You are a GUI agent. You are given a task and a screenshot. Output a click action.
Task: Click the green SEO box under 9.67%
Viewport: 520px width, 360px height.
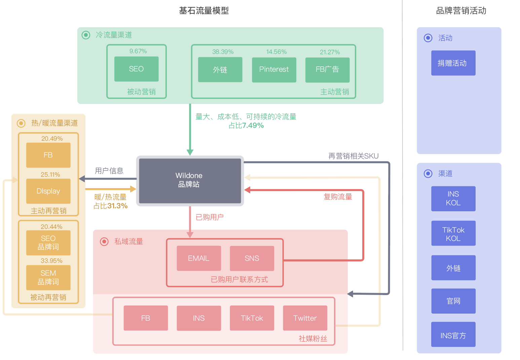(x=136, y=69)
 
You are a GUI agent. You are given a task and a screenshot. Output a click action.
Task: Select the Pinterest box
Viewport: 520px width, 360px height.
(x=274, y=70)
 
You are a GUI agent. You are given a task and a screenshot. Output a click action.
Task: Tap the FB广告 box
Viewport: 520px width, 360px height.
(x=327, y=70)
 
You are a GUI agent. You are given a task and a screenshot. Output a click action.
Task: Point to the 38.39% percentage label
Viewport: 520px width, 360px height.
(x=223, y=52)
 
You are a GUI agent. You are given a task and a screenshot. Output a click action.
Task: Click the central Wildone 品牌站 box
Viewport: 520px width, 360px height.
(x=190, y=180)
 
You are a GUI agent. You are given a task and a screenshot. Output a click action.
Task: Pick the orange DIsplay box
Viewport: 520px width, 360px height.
(x=48, y=191)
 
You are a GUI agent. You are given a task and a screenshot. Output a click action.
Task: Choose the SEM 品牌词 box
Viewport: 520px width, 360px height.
(x=48, y=278)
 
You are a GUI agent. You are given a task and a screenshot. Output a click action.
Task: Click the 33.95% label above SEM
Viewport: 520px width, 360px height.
(x=51, y=261)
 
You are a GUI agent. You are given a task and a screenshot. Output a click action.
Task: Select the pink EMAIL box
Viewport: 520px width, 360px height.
(x=199, y=258)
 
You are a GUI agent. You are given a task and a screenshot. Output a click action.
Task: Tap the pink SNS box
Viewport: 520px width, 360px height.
(x=252, y=258)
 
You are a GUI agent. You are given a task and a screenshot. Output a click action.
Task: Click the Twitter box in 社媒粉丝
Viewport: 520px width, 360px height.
(x=305, y=318)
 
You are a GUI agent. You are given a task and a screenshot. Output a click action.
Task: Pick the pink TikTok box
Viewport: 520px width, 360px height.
(x=252, y=318)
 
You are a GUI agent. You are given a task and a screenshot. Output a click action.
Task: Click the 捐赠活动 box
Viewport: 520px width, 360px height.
(x=453, y=63)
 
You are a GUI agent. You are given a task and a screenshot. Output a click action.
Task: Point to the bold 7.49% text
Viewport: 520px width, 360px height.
(x=253, y=125)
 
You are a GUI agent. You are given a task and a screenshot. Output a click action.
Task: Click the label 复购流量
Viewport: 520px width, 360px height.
(x=338, y=197)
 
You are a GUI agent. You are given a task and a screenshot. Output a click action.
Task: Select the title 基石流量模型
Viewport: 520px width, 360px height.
(x=204, y=11)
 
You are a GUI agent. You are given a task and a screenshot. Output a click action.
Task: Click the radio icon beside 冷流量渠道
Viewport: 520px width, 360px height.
(x=86, y=35)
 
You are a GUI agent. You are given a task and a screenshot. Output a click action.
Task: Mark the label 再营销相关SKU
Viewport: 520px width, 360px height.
(x=353, y=156)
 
